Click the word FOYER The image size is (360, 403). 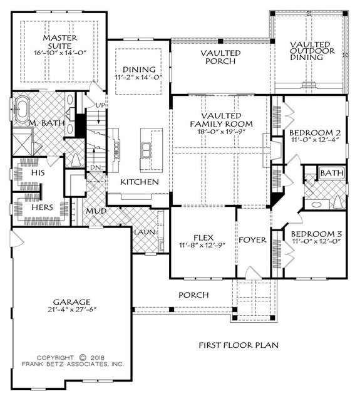(253, 239)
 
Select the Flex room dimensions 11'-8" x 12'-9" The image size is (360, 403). (202, 245)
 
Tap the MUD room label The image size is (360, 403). (96, 211)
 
